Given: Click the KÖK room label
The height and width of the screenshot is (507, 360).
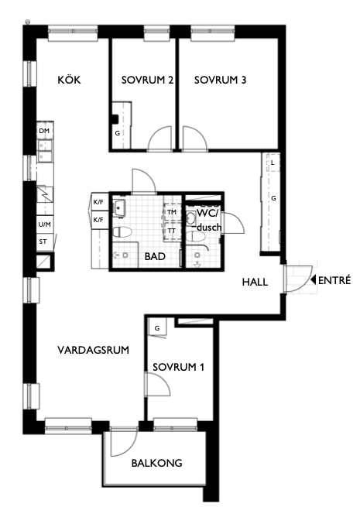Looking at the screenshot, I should click(x=69, y=80).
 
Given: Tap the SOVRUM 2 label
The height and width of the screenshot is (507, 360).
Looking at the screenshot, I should click(x=146, y=80).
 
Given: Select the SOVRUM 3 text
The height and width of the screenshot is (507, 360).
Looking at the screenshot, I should click(x=221, y=80).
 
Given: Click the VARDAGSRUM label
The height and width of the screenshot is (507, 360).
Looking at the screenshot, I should click(x=92, y=350).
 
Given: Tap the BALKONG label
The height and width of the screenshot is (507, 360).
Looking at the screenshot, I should click(x=156, y=463).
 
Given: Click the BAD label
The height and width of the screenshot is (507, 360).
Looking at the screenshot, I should click(x=156, y=255).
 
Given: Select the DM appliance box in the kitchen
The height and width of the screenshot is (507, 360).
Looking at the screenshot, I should click(x=44, y=132).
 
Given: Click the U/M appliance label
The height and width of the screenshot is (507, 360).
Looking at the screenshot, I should click(x=44, y=224).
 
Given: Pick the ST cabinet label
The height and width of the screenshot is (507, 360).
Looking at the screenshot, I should click(x=43, y=242).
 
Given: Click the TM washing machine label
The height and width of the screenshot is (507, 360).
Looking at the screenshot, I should click(x=171, y=211).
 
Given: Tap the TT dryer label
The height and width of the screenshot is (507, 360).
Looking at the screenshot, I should click(x=171, y=230).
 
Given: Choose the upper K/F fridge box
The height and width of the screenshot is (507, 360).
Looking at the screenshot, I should click(x=99, y=203).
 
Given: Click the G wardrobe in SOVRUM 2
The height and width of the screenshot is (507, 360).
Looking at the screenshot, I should click(x=118, y=133).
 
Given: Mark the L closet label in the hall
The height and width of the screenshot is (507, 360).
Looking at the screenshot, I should click(x=273, y=163).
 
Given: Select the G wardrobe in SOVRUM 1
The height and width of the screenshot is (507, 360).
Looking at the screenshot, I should click(x=157, y=328).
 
